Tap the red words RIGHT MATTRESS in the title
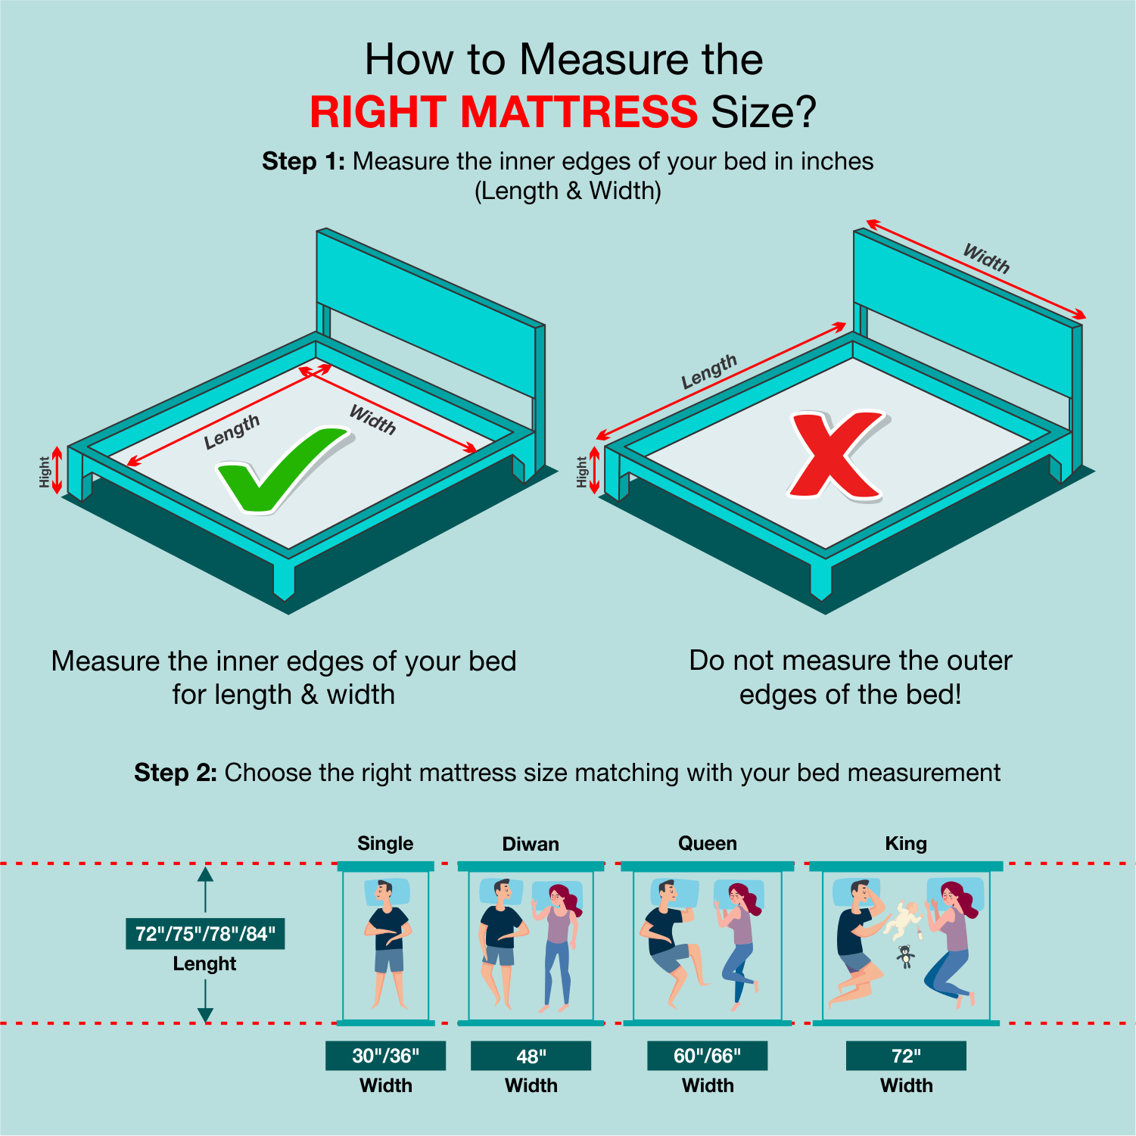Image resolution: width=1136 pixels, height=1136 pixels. (x=503, y=112)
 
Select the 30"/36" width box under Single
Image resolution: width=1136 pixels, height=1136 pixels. (x=385, y=1056)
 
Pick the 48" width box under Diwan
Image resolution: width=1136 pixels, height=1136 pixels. (x=531, y=1056)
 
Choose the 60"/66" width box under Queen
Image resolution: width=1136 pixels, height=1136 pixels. (x=707, y=1056)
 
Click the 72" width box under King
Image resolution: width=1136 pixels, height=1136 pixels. (x=906, y=1056)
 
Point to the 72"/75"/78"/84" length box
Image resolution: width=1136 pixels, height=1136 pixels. (x=205, y=934)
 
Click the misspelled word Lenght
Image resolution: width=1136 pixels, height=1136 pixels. (x=204, y=964)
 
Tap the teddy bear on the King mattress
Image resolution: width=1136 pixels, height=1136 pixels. (x=904, y=957)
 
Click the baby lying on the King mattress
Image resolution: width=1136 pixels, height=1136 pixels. (x=904, y=920)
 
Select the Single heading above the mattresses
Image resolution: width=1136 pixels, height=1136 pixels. (x=385, y=844)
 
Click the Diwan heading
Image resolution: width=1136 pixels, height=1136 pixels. (x=531, y=844)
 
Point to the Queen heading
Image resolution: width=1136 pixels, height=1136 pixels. (x=707, y=844)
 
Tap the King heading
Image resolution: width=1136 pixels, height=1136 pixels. (x=906, y=844)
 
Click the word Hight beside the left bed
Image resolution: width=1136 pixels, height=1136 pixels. (x=45, y=472)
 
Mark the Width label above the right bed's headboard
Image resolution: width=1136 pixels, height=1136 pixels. (x=986, y=258)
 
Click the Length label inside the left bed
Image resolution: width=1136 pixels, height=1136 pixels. (x=232, y=431)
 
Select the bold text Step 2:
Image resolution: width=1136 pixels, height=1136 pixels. (x=176, y=773)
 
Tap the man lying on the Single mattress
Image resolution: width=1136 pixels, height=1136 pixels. (x=388, y=943)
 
